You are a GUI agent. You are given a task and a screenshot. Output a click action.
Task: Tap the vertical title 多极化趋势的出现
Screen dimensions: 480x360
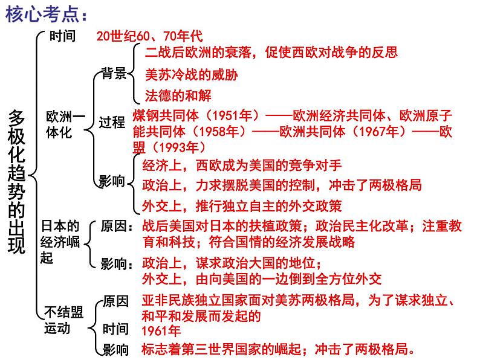(18, 181)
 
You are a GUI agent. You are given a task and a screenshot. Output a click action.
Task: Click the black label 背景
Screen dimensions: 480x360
(113, 74)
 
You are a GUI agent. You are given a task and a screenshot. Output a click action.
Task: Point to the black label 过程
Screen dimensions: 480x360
(112, 123)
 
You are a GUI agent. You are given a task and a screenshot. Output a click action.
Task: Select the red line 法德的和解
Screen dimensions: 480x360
(178, 95)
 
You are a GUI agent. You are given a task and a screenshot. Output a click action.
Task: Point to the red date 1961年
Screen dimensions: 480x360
(161, 330)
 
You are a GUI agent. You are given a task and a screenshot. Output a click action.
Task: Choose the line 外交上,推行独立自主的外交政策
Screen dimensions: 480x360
(242, 205)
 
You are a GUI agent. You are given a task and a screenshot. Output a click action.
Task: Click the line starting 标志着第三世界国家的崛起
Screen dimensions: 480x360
(278, 349)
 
